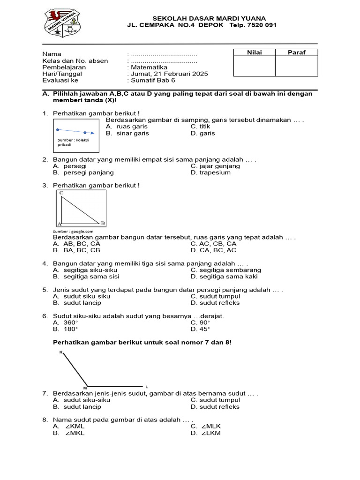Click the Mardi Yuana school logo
(x=63, y=23)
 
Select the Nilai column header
(x=254, y=52)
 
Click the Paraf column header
(x=296, y=52)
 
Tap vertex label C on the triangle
(x=61, y=193)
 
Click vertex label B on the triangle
(x=103, y=223)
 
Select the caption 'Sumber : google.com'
(x=73, y=231)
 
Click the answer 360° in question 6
(x=71, y=322)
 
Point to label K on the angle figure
(x=60, y=352)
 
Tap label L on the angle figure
(x=147, y=387)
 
